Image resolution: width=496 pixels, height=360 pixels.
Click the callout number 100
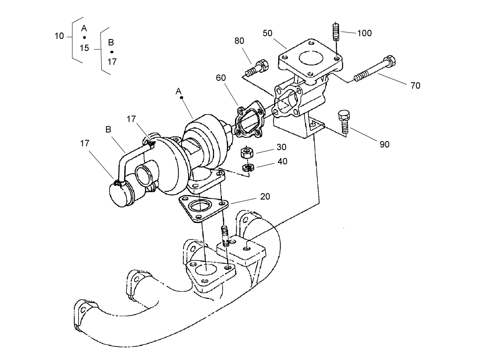tap(364, 33)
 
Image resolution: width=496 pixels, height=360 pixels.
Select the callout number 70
tap(415, 86)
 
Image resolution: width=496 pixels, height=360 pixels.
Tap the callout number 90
tap(384, 144)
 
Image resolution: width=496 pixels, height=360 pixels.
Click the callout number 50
tap(268, 33)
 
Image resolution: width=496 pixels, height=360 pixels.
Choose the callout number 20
tap(265, 197)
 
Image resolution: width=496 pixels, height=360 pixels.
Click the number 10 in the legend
tap(59, 36)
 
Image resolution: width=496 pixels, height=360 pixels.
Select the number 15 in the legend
tap(84, 48)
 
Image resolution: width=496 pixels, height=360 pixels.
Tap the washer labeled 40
tap(247, 167)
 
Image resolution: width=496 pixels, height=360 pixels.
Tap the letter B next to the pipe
tap(108, 129)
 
